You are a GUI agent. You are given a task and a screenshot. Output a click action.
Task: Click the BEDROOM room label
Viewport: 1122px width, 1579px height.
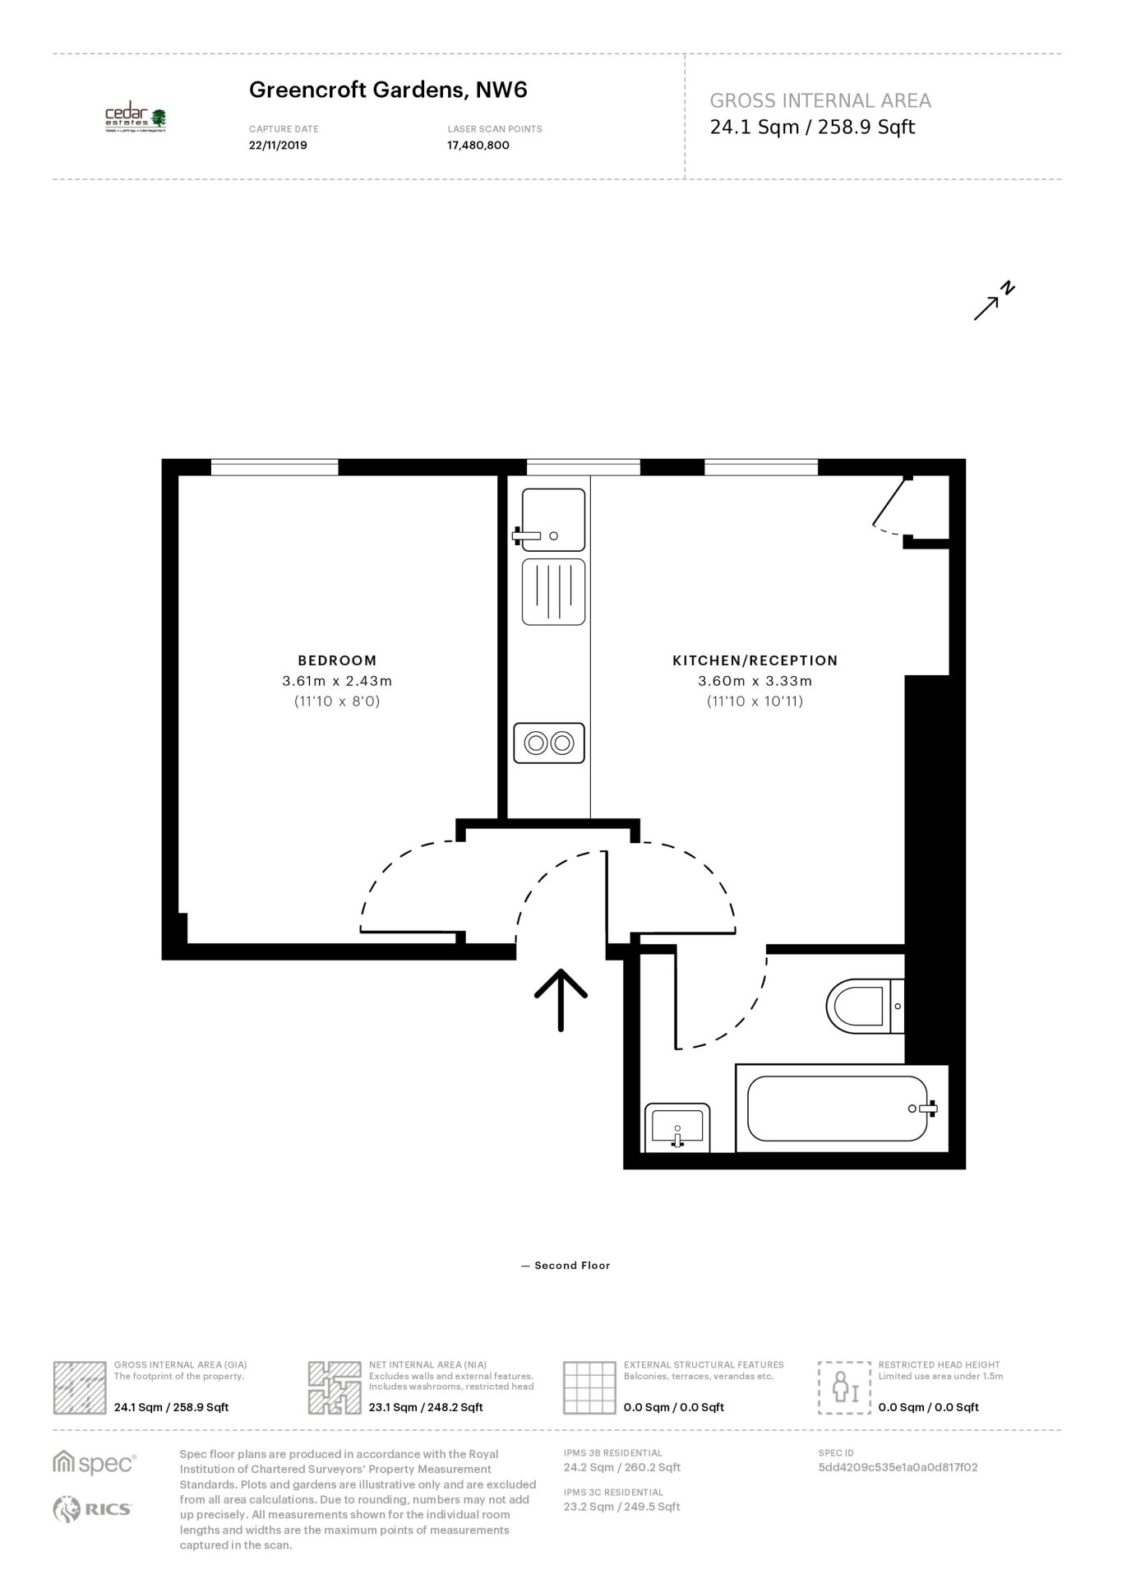click(337, 660)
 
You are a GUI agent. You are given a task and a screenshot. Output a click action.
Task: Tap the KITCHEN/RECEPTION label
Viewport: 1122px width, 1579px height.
click(755, 660)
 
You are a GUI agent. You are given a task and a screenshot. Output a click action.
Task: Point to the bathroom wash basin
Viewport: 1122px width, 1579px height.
click(678, 1128)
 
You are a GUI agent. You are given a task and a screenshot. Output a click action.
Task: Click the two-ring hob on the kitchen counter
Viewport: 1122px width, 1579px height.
click(549, 743)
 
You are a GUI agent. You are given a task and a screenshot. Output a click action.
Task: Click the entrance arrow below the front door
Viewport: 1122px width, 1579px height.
click(561, 999)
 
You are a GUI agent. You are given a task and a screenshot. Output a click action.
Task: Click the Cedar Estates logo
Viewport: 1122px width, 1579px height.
click(136, 120)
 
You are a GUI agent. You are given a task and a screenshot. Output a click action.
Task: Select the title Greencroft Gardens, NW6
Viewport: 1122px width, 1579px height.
click(388, 90)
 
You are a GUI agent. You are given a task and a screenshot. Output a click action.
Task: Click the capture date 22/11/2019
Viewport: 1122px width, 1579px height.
click(278, 146)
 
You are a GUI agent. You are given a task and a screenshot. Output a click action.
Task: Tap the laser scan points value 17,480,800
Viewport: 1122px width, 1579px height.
click(478, 146)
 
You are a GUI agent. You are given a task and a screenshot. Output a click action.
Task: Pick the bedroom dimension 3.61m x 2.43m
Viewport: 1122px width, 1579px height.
click(337, 681)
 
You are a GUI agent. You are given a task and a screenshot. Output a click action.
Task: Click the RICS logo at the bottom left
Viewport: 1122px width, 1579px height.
click(92, 1508)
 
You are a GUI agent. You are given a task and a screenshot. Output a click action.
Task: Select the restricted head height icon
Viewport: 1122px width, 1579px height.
click(844, 1387)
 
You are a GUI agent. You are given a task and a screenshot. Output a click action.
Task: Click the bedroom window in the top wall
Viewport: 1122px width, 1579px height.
click(275, 467)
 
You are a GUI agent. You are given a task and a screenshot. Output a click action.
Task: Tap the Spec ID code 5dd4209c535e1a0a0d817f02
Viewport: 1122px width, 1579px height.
click(898, 1466)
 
